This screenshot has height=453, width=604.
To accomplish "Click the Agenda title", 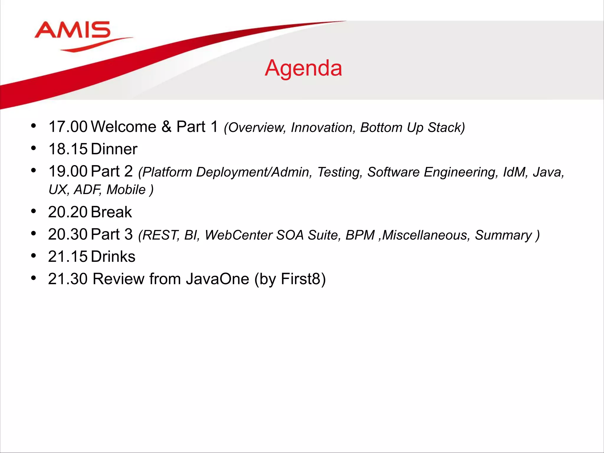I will [303, 68].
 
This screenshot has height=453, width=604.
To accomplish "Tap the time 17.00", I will [68, 127].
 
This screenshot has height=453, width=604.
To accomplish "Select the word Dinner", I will [114, 149].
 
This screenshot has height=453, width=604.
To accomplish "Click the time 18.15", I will [68, 149].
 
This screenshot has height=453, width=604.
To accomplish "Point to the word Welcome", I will [124, 127].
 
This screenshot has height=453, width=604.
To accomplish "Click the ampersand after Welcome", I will [166, 127].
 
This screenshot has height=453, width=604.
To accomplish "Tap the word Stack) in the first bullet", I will [446, 128].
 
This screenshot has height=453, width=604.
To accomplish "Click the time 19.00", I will [68, 171].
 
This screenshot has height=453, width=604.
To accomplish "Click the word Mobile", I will [126, 190].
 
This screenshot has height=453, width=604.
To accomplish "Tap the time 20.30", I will [68, 234].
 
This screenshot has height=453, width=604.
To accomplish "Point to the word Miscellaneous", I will [425, 235].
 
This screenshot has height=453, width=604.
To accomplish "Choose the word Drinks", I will [113, 257].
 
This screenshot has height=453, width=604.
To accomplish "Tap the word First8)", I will [303, 279].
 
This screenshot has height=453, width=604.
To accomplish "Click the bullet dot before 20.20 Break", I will [33, 211].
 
